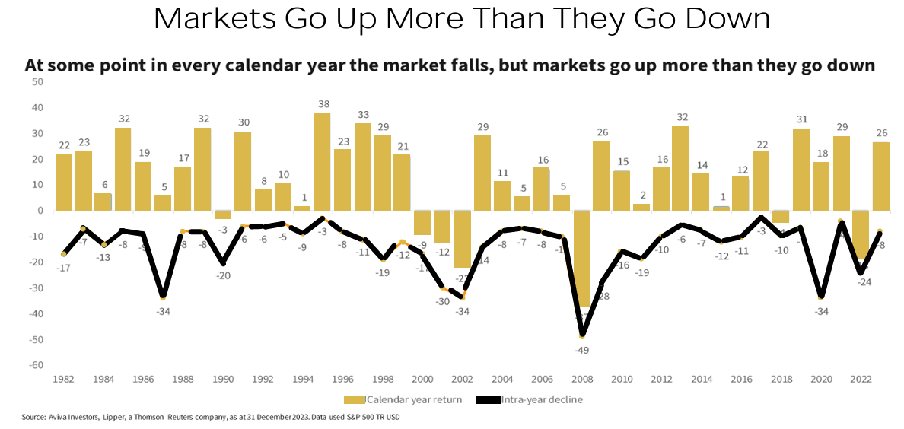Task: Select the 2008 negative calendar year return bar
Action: [x=582, y=259]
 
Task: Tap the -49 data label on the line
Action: [x=582, y=351]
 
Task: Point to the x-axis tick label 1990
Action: [x=222, y=379]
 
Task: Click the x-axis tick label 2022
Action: [x=861, y=379]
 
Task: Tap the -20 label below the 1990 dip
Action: [x=222, y=276]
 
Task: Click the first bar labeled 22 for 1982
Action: [x=64, y=183]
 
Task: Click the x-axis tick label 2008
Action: [x=582, y=379]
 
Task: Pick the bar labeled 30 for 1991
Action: [x=243, y=171]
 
